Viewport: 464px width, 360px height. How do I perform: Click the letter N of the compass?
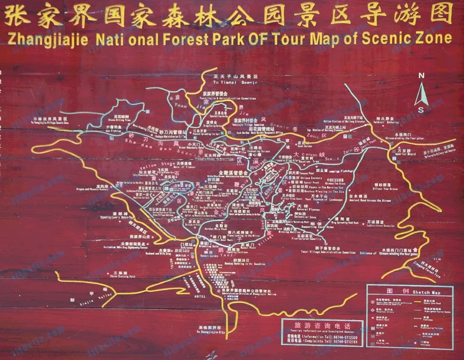point(421,75)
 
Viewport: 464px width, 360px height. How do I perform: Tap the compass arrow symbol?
point(421,94)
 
